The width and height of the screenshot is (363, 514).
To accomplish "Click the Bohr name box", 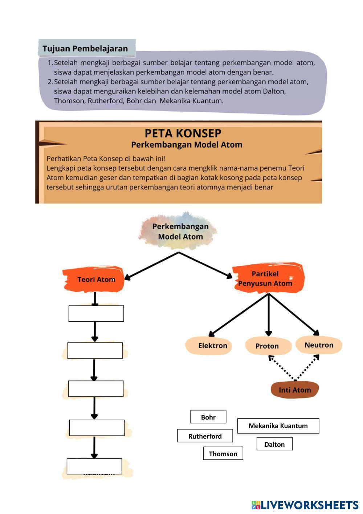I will tap(208, 417).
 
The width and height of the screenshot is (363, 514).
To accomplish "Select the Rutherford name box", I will tap(205, 436).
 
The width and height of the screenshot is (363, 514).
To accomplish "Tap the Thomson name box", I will tap(223, 453).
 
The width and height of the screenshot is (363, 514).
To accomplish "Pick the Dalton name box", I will tap(274, 444).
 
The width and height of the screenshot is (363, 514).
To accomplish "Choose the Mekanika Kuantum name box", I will tap(278, 426).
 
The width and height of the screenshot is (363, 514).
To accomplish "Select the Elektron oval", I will tap(209, 345).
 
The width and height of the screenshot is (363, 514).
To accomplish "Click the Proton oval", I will tap(268, 346).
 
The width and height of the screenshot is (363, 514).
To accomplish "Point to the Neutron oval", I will tap(319, 345).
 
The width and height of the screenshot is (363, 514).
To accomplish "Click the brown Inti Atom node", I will tap(295, 390).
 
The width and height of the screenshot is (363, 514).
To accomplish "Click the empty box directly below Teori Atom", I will tap(96, 313).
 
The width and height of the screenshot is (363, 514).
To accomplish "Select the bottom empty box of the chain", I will tap(94, 466).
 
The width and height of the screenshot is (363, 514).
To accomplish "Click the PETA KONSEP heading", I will tap(183, 133).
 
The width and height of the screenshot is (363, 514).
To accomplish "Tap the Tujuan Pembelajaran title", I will tap(85, 48).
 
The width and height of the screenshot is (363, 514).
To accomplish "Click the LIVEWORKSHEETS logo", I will tap(305, 505).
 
